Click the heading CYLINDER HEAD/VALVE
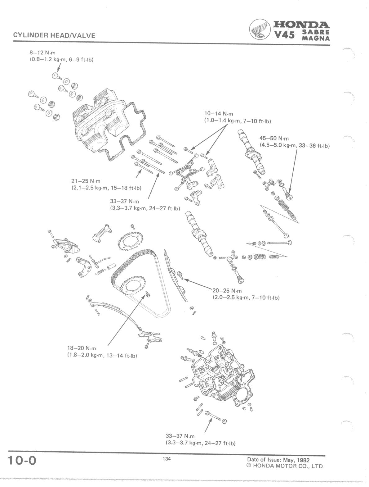click(x=54, y=36)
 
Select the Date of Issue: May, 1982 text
click(x=278, y=459)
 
